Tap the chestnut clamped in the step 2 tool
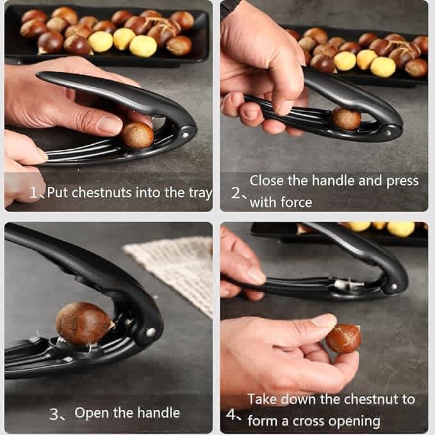pos(346,119)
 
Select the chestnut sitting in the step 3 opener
pos(83,323)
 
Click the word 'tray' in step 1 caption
pos(201,192)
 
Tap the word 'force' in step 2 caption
pos(297,202)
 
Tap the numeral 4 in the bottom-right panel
pos(231,414)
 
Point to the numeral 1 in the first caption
pos(34,192)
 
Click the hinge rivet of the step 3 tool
pos(151,332)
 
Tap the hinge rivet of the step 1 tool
pos(185,134)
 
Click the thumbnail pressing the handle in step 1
pos(110,125)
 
